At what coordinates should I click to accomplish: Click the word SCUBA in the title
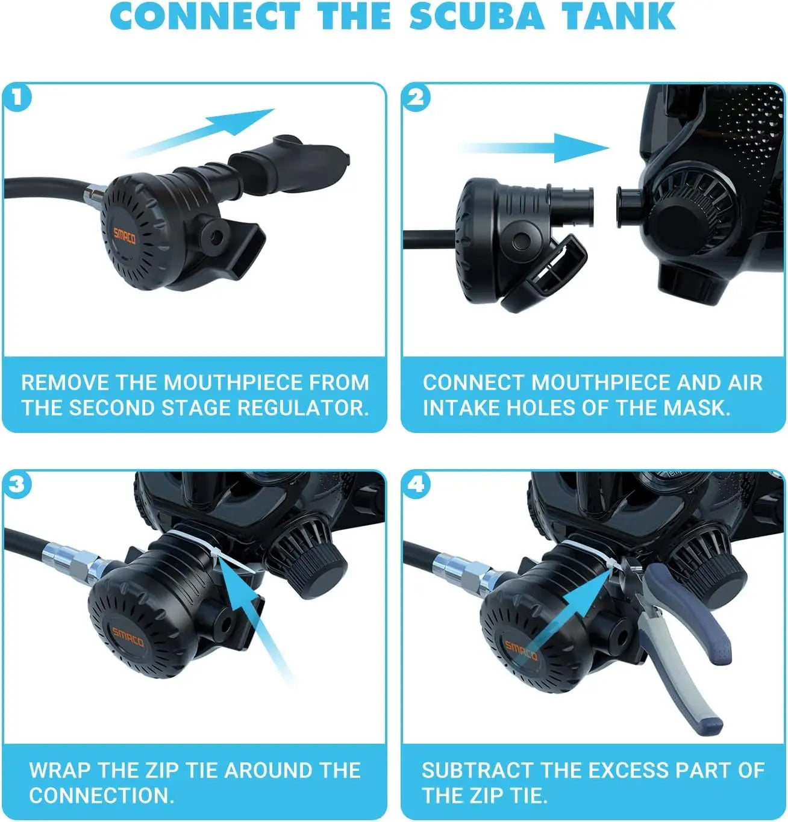(476, 16)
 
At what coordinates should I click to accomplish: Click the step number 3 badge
(17, 485)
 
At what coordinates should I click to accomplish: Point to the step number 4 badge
(416, 485)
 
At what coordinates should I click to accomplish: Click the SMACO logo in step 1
(125, 235)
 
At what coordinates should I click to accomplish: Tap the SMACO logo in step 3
(128, 638)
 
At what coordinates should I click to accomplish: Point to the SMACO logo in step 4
(521, 651)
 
